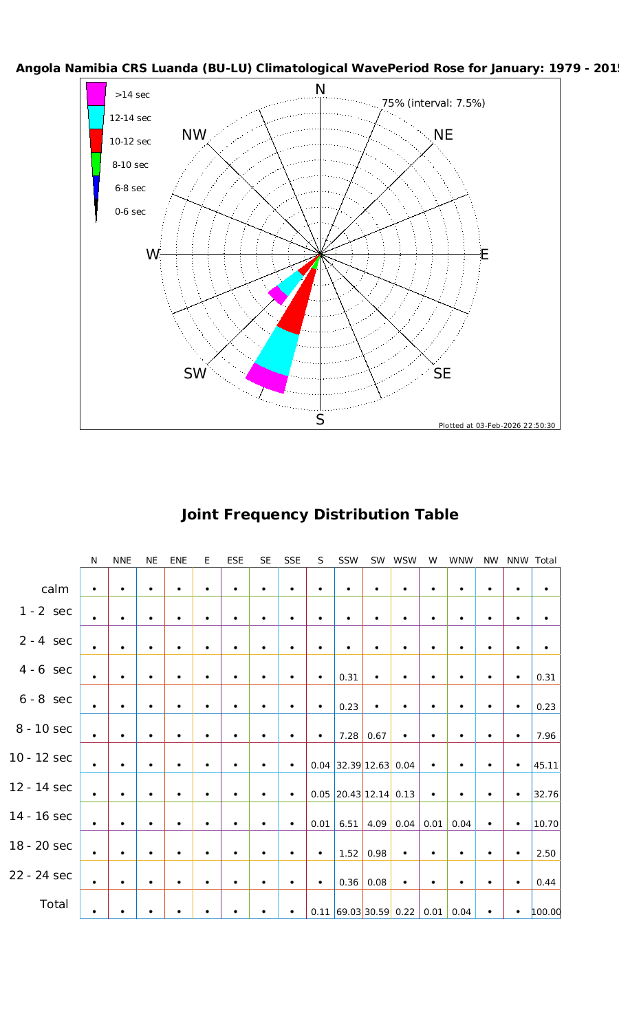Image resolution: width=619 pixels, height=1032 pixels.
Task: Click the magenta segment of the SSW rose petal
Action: coord(265,379)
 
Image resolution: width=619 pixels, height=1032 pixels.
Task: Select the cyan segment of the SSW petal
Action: coord(276,350)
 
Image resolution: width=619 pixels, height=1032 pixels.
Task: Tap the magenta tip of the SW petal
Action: coord(277,294)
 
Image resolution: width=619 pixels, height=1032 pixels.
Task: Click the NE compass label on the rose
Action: coord(444,135)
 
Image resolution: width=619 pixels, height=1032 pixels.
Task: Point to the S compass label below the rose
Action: coord(320,420)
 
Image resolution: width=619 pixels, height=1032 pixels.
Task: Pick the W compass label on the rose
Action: coord(152,255)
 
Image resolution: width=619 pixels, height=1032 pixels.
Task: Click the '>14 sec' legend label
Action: coord(132,95)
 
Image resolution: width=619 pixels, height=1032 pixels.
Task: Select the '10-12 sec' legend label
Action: coord(130,142)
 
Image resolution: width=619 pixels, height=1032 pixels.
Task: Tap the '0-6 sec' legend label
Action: coord(130,212)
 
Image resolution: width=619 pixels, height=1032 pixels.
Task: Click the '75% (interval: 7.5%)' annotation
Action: coord(433,103)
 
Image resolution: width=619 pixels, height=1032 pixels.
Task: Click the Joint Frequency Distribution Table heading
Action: coord(320,515)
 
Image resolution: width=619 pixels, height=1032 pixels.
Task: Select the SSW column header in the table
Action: coord(348,561)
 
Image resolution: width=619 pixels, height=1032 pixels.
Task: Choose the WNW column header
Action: coord(461,561)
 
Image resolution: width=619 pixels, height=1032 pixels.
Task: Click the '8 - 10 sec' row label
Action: coord(44,729)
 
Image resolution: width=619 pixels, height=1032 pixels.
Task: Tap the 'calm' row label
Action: coord(55,589)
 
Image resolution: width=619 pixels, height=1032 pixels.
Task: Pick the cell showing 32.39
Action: coord(349,765)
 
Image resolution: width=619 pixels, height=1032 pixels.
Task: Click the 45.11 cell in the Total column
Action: coord(545,765)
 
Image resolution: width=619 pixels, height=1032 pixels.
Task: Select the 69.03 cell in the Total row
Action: coord(349,912)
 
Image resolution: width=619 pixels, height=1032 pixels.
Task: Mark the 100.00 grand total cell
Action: coord(545,912)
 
